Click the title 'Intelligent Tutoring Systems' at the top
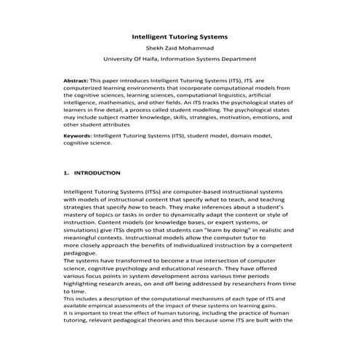[180, 36]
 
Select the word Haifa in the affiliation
[154, 59]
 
